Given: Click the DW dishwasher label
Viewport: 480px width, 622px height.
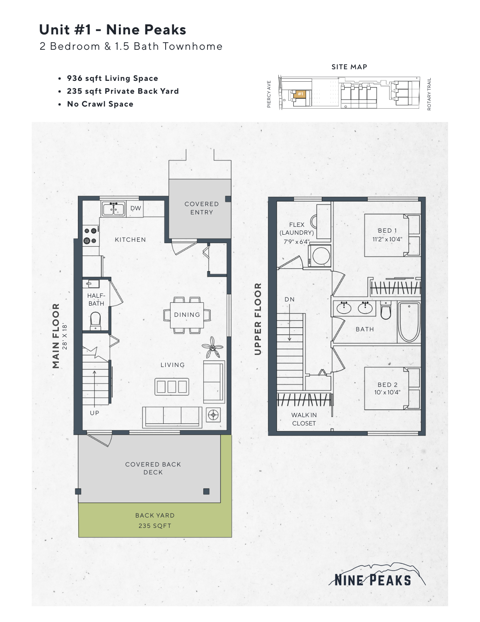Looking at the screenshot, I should point(136,208).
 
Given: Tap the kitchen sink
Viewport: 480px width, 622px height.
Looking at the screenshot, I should point(113,209).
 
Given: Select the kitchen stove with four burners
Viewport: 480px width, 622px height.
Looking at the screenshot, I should point(91,235).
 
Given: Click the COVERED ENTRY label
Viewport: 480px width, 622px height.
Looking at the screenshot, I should point(202,208).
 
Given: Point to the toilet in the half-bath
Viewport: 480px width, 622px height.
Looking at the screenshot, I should point(96,321).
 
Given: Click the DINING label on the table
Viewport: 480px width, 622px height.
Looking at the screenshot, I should point(187,315).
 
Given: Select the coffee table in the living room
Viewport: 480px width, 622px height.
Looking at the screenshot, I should point(172,386).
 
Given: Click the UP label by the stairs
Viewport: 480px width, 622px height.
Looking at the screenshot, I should point(94,413).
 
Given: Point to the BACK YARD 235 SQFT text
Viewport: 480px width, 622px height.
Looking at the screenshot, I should point(155,520).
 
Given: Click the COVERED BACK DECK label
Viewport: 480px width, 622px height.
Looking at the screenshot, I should point(153,468).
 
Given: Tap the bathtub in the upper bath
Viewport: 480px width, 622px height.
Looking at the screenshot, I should point(409,322).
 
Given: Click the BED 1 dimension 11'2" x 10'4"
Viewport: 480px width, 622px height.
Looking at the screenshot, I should point(387,239).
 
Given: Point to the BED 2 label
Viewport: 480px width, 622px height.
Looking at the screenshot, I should point(387,385).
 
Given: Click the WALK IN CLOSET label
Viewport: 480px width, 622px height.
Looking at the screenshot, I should point(304,419).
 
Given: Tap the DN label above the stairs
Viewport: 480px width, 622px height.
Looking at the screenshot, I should point(289,299).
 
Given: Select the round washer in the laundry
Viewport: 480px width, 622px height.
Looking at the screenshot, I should point(321,255).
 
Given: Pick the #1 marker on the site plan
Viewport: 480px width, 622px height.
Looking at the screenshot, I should point(300,94).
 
